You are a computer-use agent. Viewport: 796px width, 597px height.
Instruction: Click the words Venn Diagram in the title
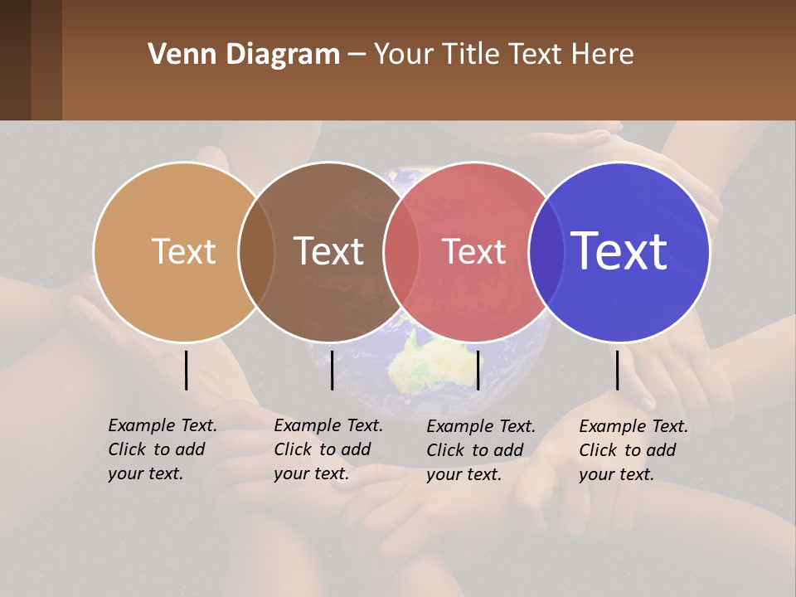pyautogui.click(x=243, y=55)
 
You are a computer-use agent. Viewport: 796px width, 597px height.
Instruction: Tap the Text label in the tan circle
pyautogui.click(x=183, y=251)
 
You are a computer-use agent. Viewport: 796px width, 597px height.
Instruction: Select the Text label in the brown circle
pyautogui.click(x=329, y=251)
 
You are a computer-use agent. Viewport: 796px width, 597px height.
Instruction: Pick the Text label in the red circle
pyautogui.click(x=473, y=251)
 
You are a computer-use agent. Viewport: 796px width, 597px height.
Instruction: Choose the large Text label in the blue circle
pyautogui.click(x=619, y=250)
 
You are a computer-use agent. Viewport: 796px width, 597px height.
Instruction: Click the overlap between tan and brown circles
pyautogui.click(x=256, y=251)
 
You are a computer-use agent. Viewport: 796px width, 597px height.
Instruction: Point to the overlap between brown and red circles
pyautogui.click(x=401, y=251)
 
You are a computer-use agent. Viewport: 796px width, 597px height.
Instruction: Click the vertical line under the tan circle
pyautogui.click(x=186, y=370)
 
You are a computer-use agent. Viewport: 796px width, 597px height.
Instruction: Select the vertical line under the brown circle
pyautogui.click(x=332, y=370)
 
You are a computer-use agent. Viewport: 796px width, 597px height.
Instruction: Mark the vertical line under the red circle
pyautogui.click(x=478, y=370)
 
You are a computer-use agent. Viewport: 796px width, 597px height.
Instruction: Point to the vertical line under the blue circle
pyautogui.click(x=617, y=370)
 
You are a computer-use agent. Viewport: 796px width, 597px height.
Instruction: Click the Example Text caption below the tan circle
pyautogui.click(x=162, y=449)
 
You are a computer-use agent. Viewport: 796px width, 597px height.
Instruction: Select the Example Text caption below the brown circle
pyautogui.click(x=328, y=449)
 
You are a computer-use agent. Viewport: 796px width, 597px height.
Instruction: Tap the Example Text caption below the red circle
pyautogui.click(x=480, y=450)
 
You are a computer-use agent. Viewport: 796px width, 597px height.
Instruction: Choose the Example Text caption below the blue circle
pyautogui.click(x=633, y=450)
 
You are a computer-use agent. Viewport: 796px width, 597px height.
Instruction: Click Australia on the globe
pyautogui.click(x=423, y=366)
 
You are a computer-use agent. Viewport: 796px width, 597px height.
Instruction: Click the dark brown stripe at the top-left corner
pyautogui.click(x=15, y=60)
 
